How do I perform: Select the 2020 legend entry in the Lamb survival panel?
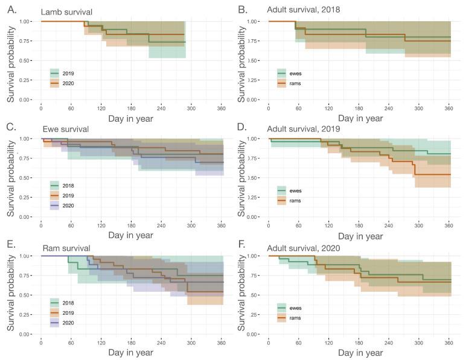63,84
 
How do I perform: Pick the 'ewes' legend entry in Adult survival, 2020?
290,308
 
